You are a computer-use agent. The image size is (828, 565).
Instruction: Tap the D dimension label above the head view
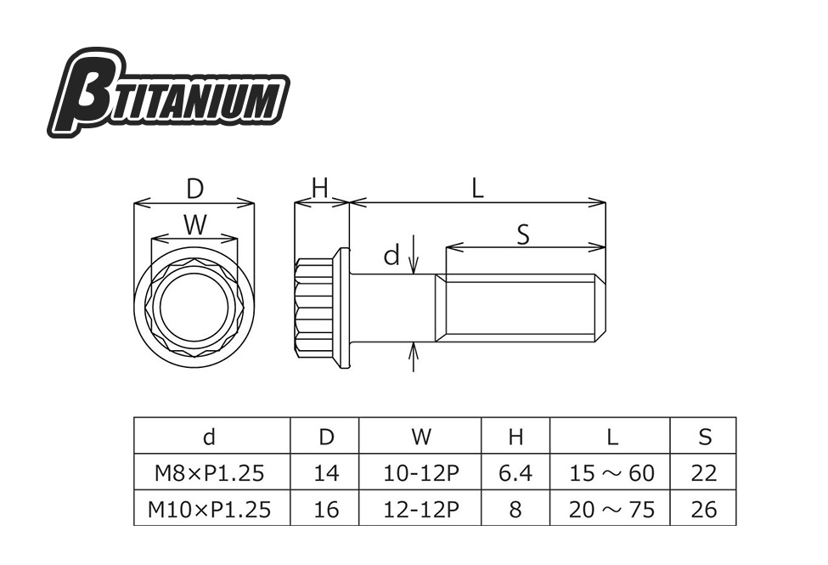tap(194, 188)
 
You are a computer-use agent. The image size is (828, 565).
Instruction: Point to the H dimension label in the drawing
tap(320, 188)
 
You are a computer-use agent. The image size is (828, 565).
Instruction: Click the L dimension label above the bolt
tap(477, 188)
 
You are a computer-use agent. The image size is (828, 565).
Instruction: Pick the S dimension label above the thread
tap(523, 234)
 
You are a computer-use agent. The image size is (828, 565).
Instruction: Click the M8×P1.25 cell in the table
tap(209, 473)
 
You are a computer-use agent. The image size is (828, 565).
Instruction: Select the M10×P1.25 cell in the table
tap(209, 510)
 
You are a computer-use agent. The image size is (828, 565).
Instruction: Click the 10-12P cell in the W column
tap(421, 473)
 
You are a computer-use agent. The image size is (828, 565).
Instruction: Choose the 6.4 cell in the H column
tap(515, 473)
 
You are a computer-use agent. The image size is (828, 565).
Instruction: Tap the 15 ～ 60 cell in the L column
tap(611, 473)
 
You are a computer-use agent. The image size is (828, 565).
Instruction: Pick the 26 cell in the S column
tap(704, 510)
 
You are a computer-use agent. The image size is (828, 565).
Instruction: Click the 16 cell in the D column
tap(326, 510)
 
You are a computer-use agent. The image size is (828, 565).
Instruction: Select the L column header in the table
tap(612, 437)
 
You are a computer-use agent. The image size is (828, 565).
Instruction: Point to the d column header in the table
tap(209, 437)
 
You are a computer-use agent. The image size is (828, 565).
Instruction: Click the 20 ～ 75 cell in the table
tap(611, 510)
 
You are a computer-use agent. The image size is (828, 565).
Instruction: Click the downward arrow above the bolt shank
tap(414, 254)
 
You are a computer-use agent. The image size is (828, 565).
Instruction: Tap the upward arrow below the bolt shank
tap(414, 358)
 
